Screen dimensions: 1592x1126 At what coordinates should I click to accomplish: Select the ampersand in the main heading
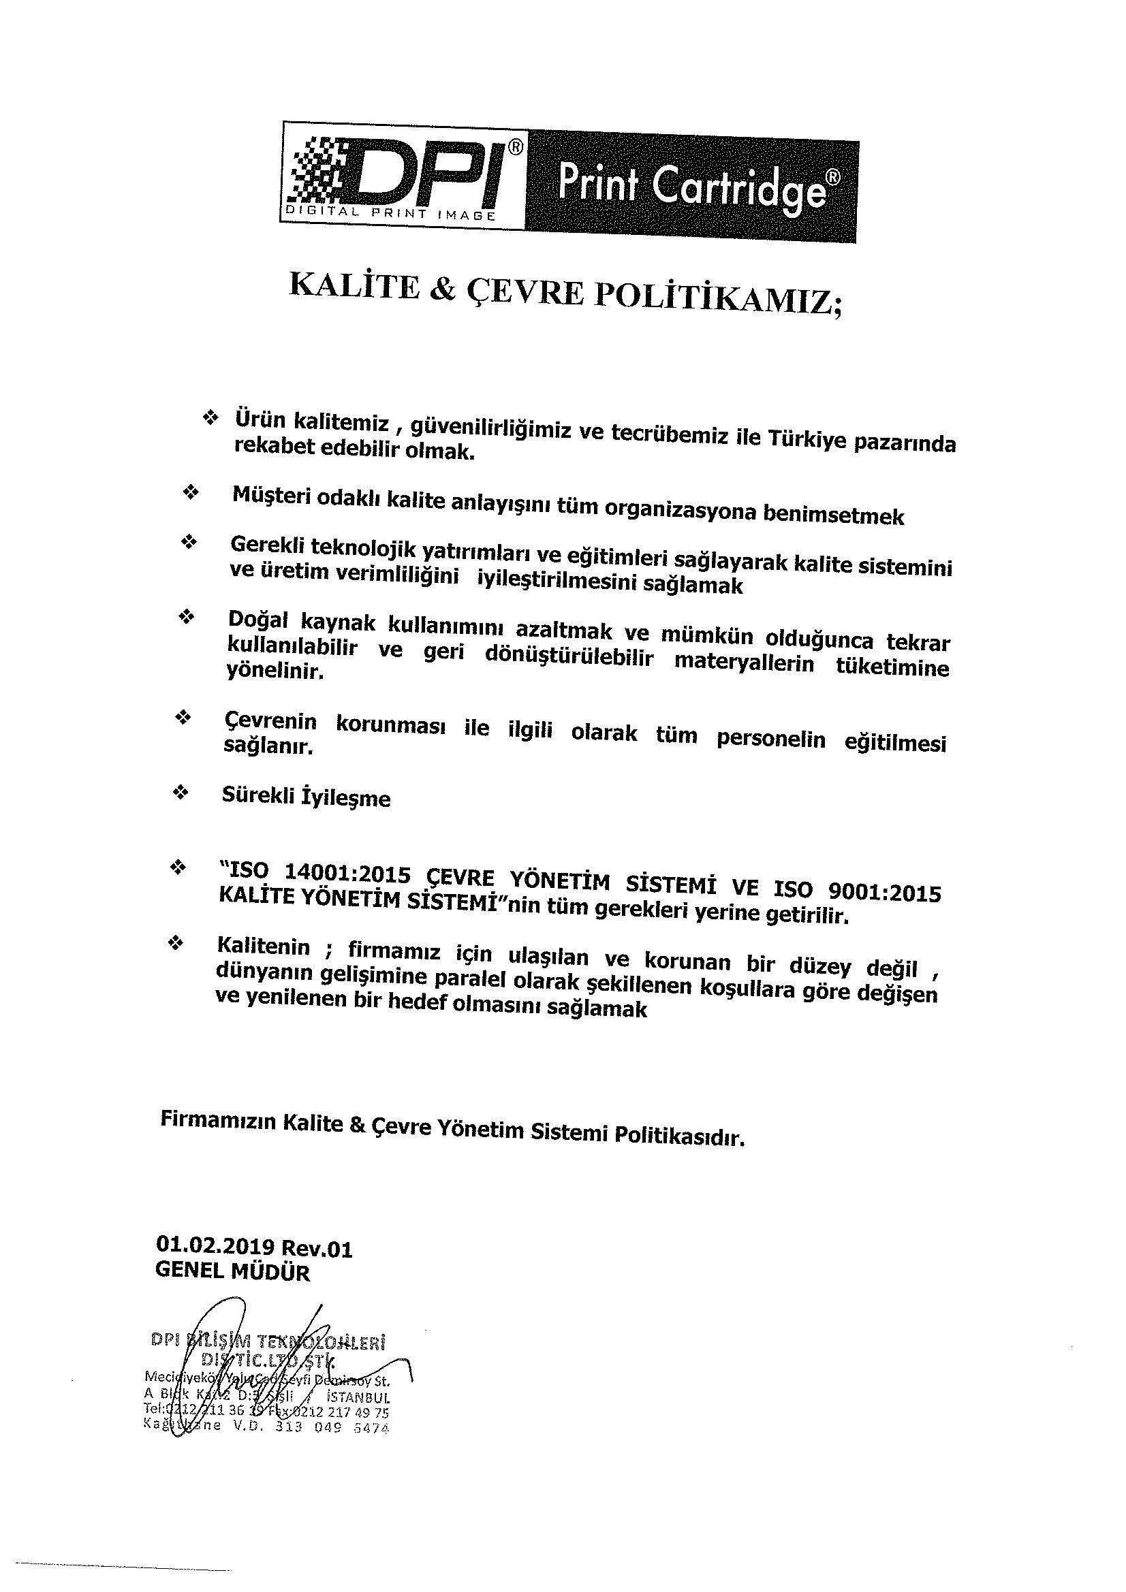tap(443, 289)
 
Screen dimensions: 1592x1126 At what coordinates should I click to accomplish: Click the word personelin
tap(772, 739)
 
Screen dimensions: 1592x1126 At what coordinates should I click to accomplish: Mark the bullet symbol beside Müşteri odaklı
tap(189, 492)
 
